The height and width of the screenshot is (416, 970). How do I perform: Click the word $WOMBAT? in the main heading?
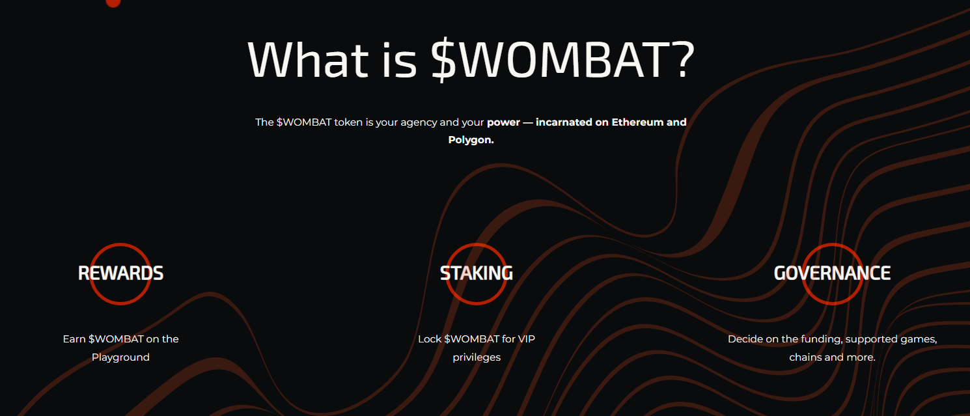562,59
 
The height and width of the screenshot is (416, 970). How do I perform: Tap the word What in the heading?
308,59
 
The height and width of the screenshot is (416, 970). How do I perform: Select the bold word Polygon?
471,140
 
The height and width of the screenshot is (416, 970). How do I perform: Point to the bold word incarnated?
564,122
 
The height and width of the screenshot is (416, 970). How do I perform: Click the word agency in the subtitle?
419,123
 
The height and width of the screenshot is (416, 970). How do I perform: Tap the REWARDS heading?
121,273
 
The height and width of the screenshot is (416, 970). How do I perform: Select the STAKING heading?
477,273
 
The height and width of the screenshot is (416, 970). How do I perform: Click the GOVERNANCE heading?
832,273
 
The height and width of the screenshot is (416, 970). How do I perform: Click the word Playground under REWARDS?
121,357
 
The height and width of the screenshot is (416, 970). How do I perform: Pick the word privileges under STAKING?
477,357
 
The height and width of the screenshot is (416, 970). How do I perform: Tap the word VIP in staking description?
526,339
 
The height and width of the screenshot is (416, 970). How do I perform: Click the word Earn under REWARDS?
74,339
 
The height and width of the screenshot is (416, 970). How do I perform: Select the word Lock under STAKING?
430,339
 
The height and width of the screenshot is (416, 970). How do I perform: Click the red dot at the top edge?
113,3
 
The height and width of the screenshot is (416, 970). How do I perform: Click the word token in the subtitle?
348,122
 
